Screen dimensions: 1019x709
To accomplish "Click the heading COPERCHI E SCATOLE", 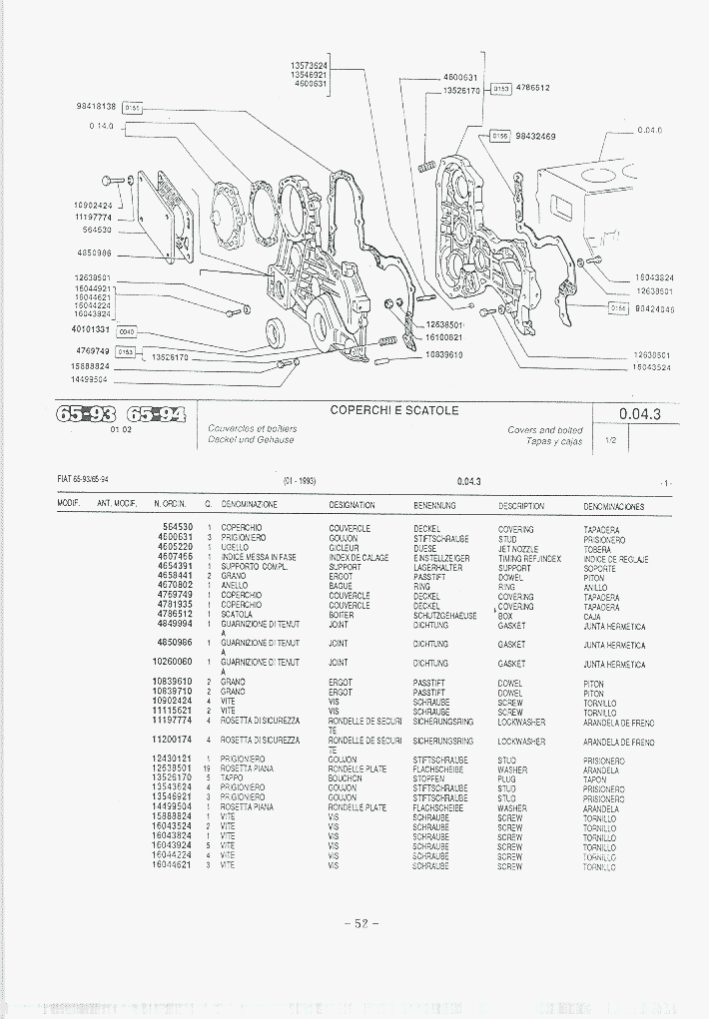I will click(x=394, y=410).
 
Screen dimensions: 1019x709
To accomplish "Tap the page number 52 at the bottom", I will click(x=361, y=923).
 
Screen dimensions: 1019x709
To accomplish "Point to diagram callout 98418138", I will click(x=96, y=106).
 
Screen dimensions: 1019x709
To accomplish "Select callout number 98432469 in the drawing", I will click(x=535, y=136).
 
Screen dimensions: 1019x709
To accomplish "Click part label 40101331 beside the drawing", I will click(x=91, y=329).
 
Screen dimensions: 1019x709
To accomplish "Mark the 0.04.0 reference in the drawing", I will click(x=649, y=130).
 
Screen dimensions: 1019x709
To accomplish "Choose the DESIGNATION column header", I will click(x=352, y=506).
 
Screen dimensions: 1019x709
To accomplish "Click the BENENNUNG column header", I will click(x=434, y=506).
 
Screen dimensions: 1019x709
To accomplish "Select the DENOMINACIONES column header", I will click(x=613, y=506).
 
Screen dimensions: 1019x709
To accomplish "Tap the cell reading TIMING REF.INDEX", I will click(x=529, y=558).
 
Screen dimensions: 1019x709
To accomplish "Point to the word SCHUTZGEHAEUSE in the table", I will click(x=445, y=616).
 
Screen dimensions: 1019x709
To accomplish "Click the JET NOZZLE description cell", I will click(x=518, y=549).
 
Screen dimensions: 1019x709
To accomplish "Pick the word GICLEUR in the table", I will click(x=344, y=549).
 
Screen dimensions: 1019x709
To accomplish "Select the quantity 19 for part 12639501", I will click(x=207, y=769).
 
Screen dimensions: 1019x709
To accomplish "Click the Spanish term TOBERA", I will click(x=597, y=549).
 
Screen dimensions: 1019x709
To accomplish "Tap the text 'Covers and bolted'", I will click(x=545, y=430).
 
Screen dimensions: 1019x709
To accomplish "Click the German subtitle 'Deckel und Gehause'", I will click(x=251, y=439).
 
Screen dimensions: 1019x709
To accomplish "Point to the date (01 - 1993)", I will click(x=299, y=481).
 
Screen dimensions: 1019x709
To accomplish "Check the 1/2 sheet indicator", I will click(x=610, y=439).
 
